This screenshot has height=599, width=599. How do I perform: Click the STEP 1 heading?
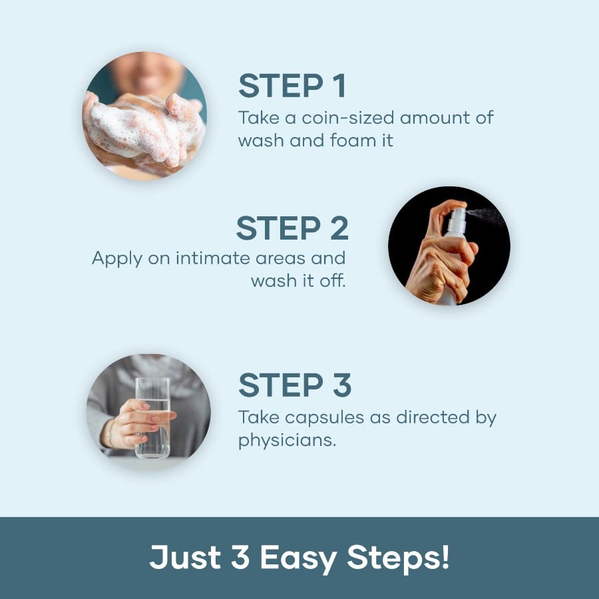click(292, 86)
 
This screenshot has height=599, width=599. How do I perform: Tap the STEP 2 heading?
click(292, 228)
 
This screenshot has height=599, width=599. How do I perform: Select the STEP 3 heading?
click(295, 385)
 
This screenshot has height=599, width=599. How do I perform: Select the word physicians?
click(287, 441)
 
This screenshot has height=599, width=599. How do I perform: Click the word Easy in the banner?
click(298, 558)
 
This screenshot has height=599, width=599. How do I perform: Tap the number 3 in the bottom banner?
click(240, 557)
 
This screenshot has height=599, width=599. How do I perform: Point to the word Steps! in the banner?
click(398, 558)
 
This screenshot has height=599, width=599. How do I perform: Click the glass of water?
click(152, 418)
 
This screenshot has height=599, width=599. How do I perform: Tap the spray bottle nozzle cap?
click(457, 219)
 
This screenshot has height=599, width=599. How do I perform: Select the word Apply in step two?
click(117, 260)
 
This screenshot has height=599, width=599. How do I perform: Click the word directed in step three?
click(433, 417)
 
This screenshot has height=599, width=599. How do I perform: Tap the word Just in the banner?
click(185, 557)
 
